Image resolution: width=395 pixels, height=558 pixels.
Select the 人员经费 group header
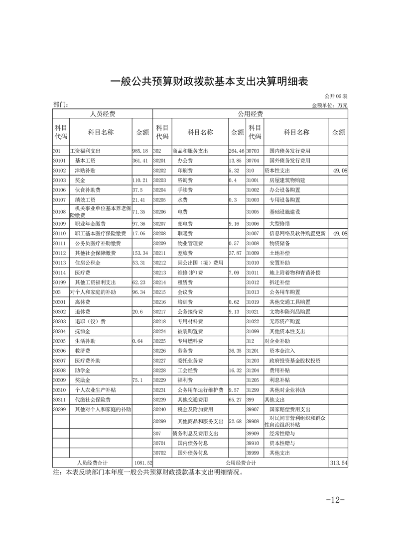click(102, 114)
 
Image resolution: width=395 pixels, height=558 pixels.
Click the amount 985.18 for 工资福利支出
click(140, 151)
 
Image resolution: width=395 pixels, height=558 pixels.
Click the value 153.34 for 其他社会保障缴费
click(141, 253)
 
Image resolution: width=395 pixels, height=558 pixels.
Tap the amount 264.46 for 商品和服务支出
click(236, 151)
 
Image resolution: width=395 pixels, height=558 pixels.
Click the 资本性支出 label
click(278, 171)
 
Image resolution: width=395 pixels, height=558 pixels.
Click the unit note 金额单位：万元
click(329, 105)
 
